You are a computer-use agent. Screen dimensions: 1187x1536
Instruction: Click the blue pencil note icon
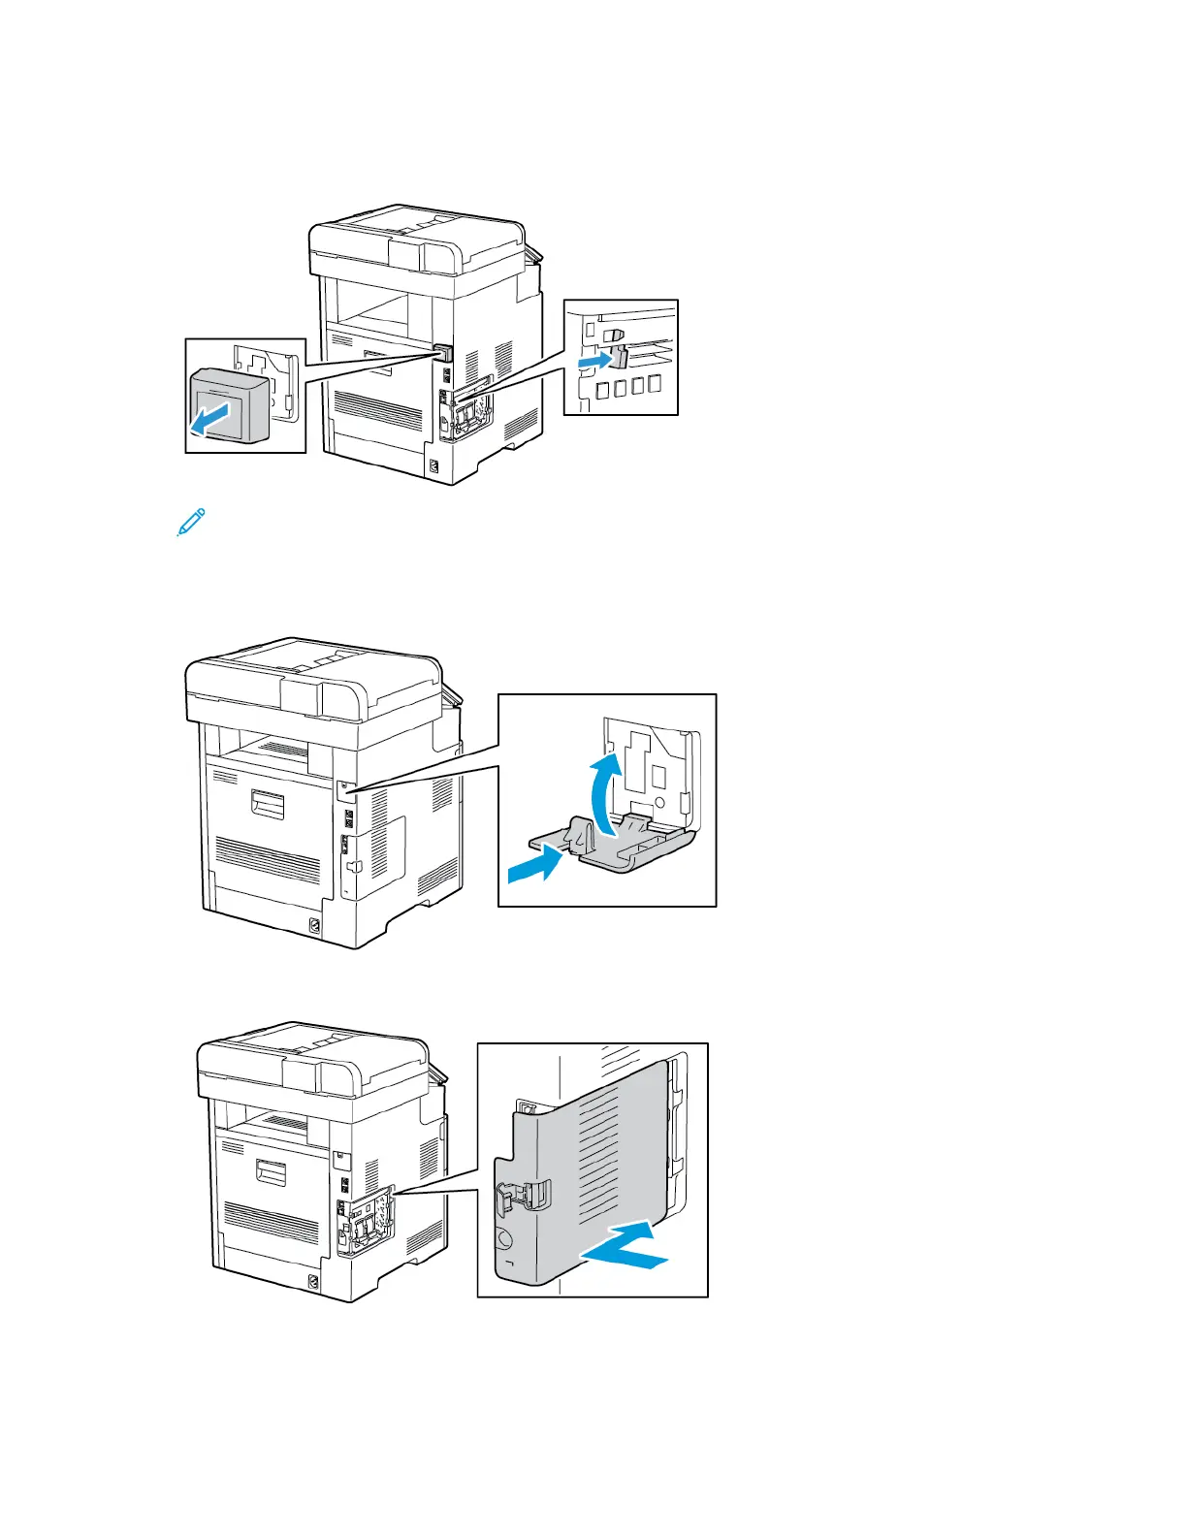(191, 522)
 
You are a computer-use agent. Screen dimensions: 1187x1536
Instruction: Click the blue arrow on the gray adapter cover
(210, 420)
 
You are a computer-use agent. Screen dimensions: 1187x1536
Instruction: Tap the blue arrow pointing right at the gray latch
(595, 361)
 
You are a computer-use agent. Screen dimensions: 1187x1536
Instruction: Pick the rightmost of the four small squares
(656, 383)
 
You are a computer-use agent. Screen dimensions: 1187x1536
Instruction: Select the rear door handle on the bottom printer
(271, 1172)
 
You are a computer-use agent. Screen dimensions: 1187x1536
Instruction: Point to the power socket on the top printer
(433, 468)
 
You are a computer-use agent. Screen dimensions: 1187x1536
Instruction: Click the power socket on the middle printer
(314, 926)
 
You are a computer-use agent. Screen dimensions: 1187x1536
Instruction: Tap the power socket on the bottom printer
(313, 1283)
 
